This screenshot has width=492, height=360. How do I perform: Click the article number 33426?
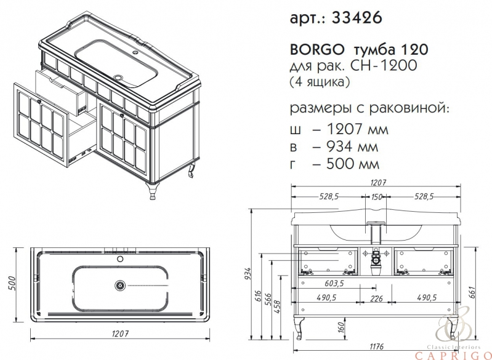pyautogui.click(x=357, y=18)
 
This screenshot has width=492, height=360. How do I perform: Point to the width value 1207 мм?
pyautogui.click(x=357, y=129)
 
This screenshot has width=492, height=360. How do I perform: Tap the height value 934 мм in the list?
pyautogui.click(x=352, y=146)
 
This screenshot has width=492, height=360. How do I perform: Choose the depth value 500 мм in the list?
pyautogui.click(x=353, y=164)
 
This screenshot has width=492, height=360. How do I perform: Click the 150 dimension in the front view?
pyautogui.click(x=376, y=197)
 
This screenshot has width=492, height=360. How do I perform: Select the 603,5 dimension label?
pyautogui.click(x=334, y=284)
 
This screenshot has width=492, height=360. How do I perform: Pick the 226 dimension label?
pyautogui.click(x=376, y=298)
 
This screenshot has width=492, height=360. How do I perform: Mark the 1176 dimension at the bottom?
pyautogui.click(x=376, y=346)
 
